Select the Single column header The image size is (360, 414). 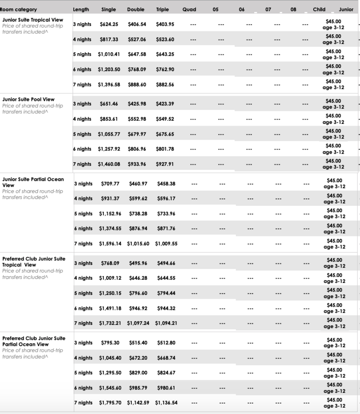pyautogui.click(x=108, y=9)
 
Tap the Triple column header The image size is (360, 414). pyautogui.click(x=162, y=9)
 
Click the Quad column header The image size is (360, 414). pyautogui.click(x=189, y=9)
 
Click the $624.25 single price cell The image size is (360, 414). pyautogui.click(x=108, y=24)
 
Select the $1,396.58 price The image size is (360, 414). pyautogui.click(x=108, y=84)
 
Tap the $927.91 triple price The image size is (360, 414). pyautogui.click(x=164, y=164)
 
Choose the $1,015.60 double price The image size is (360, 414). pyautogui.click(x=137, y=244)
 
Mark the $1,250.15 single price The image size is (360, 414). pyautogui.click(x=109, y=293)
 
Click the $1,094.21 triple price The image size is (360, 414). pyautogui.click(x=166, y=323)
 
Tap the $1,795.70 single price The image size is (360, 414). pyautogui.click(x=110, y=403)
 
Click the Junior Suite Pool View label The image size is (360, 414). pyautogui.click(x=28, y=99)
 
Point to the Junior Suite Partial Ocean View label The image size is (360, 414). pyautogui.click(x=33, y=182)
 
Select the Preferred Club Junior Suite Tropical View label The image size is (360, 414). pyautogui.click(x=34, y=262)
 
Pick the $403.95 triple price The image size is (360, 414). pyautogui.click(x=164, y=24)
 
